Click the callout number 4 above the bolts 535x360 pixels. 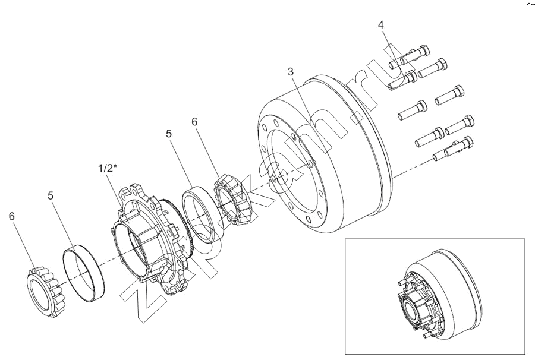pos(380,24)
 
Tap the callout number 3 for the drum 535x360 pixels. pos(291,72)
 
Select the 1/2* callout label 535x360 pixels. pos(108,169)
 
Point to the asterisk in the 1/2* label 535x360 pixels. pos(115,166)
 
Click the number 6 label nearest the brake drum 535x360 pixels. pos(194,122)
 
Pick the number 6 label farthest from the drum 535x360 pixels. pos(12,216)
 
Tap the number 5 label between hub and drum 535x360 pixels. pos(169,134)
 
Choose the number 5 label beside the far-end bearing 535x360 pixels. pos(51,195)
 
